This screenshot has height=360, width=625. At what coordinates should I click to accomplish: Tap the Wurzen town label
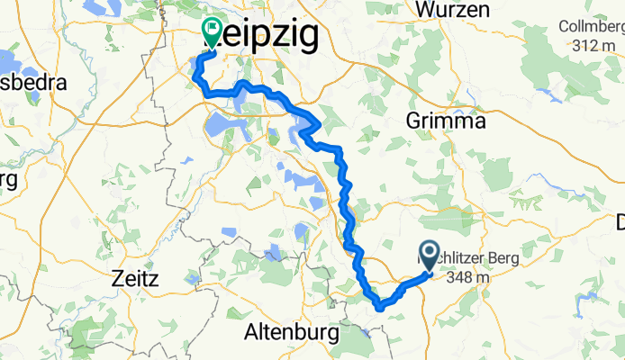tap(453, 10)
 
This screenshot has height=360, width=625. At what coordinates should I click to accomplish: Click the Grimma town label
tap(446, 120)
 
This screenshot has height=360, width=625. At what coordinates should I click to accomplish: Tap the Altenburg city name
tap(291, 332)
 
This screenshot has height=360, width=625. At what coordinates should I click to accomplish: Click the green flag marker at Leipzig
tap(213, 32)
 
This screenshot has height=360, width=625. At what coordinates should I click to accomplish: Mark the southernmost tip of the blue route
tap(379, 308)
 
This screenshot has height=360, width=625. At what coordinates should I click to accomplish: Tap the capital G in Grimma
tap(413, 120)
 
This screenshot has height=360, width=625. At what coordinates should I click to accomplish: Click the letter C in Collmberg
tap(564, 26)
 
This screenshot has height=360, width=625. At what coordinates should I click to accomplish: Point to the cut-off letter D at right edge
tap(620, 220)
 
